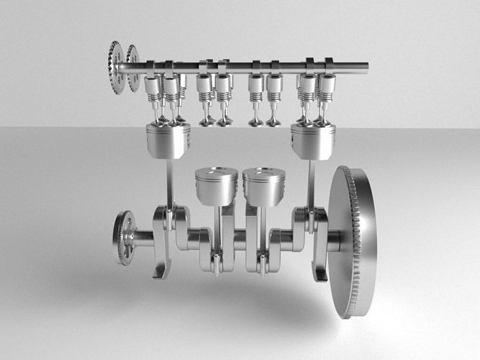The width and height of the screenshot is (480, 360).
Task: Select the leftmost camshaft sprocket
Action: [115, 67]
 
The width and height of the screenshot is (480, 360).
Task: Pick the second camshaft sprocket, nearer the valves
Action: [133, 68]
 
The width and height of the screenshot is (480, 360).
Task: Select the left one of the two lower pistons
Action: [216, 186]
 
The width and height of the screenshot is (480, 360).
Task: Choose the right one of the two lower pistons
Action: [264, 186]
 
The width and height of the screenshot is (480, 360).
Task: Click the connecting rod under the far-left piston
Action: [170, 184]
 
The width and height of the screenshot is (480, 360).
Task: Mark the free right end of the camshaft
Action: [366, 67]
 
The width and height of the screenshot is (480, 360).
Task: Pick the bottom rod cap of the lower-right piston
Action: [264, 264]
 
